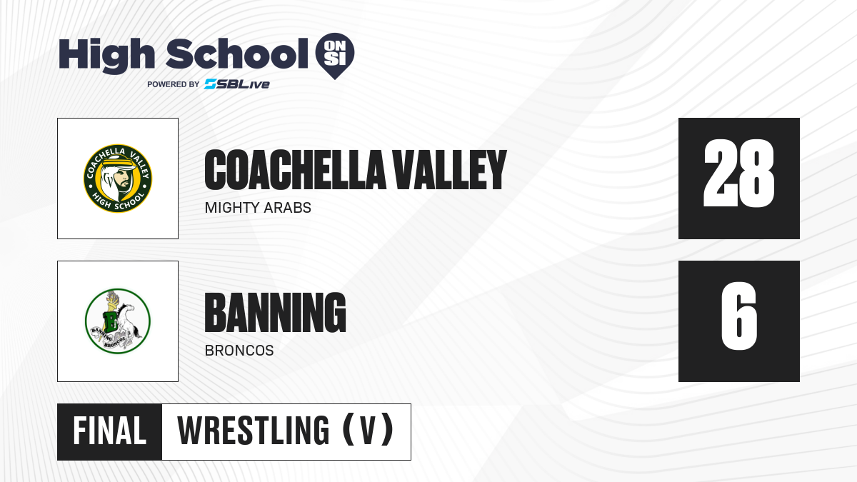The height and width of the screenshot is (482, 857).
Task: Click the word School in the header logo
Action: (237, 54)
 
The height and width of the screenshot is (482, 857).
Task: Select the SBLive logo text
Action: (237, 84)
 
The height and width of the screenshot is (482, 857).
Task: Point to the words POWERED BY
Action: (174, 84)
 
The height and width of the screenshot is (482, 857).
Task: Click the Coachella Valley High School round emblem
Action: (118, 179)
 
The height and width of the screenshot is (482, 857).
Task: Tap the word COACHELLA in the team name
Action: (295, 170)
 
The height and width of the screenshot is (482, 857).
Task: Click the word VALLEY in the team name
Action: (450, 170)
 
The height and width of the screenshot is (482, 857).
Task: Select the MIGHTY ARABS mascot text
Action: (258, 208)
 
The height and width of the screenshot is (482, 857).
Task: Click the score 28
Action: (738, 174)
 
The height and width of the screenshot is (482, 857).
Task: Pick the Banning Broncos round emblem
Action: (118, 321)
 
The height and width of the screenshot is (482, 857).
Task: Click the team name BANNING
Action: (276, 313)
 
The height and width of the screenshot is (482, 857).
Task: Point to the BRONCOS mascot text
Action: (239, 351)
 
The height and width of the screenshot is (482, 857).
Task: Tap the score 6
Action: (738, 316)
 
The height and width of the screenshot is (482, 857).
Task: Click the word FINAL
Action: (109, 431)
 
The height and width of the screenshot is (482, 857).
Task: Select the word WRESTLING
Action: (253, 431)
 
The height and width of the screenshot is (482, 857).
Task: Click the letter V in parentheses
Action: (368, 431)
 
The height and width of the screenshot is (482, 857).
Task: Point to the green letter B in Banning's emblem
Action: (111, 321)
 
